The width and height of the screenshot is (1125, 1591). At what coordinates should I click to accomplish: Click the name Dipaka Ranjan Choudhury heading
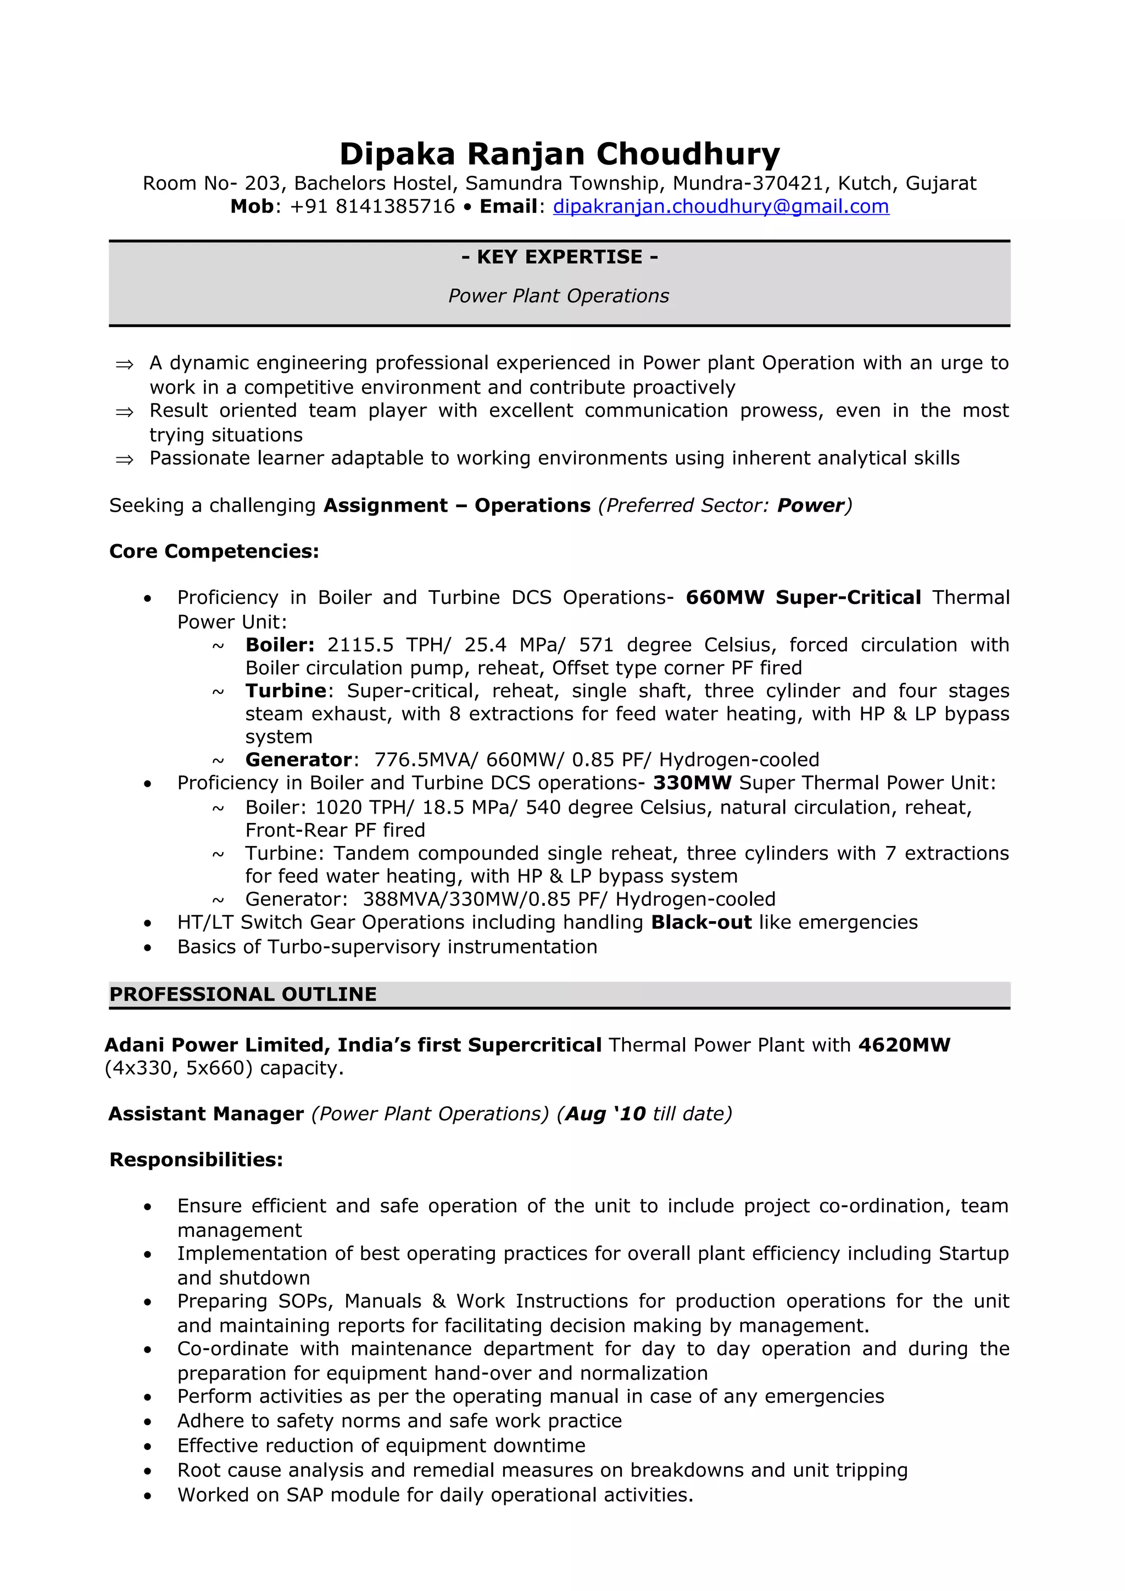(x=559, y=154)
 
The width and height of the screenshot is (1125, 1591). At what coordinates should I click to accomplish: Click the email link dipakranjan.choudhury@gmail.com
(x=720, y=206)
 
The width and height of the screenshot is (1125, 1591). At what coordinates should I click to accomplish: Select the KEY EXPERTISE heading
(x=559, y=257)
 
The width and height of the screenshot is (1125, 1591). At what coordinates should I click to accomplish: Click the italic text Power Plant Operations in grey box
(x=558, y=296)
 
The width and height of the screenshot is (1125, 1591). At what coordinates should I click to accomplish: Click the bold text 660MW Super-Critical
(x=803, y=597)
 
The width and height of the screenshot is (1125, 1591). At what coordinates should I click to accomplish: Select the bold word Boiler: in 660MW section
(x=280, y=645)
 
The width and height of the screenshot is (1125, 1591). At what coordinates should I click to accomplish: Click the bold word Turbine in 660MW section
(x=286, y=691)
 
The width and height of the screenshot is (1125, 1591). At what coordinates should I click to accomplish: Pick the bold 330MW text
(x=692, y=783)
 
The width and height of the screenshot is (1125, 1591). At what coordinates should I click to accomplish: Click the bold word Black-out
(x=701, y=922)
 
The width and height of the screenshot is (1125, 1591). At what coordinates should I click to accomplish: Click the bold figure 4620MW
(x=904, y=1045)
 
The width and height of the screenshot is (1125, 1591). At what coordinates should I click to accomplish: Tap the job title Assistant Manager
(x=206, y=1113)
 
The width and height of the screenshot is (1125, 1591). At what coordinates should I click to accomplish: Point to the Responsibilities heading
(x=196, y=1160)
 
